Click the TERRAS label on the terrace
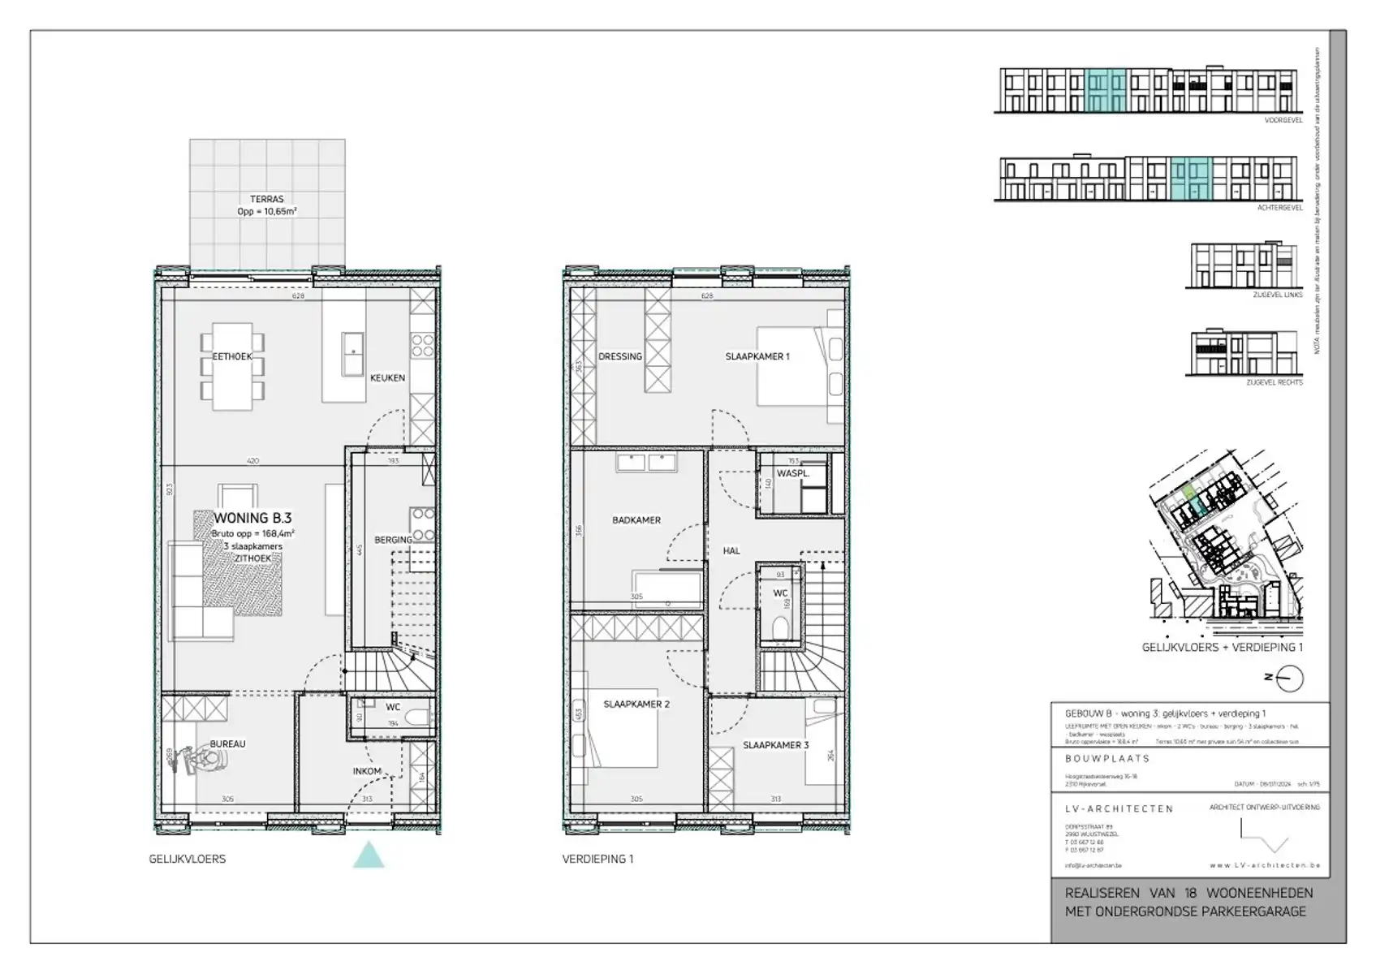pyautogui.click(x=266, y=199)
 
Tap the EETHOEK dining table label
pyautogui.click(x=232, y=356)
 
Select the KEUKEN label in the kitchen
pyautogui.click(x=387, y=377)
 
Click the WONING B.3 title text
pyautogui.click(x=252, y=518)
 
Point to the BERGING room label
pyautogui.click(x=393, y=540)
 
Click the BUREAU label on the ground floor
pyautogui.click(x=227, y=743)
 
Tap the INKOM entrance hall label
pyautogui.click(x=367, y=771)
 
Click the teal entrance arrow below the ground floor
pyautogui.click(x=369, y=855)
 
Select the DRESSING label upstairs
pyautogui.click(x=620, y=356)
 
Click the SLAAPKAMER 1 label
pyautogui.click(x=757, y=356)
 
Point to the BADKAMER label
pyautogui.click(x=636, y=520)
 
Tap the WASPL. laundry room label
pyautogui.click(x=792, y=473)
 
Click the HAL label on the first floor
pyautogui.click(x=731, y=550)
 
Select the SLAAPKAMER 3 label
pyautogui.click(x=775, y=745)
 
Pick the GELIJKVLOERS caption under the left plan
pyautogui.click(x=188, y=859)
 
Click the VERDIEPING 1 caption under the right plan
pyautogui.click(x=597, y=859)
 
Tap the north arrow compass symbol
pyautogui.click(x=1289, y=678)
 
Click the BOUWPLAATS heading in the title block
pyautogui.click(x=1107, y=758)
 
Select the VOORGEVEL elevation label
pyautogui.click(x=1283, y=120)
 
